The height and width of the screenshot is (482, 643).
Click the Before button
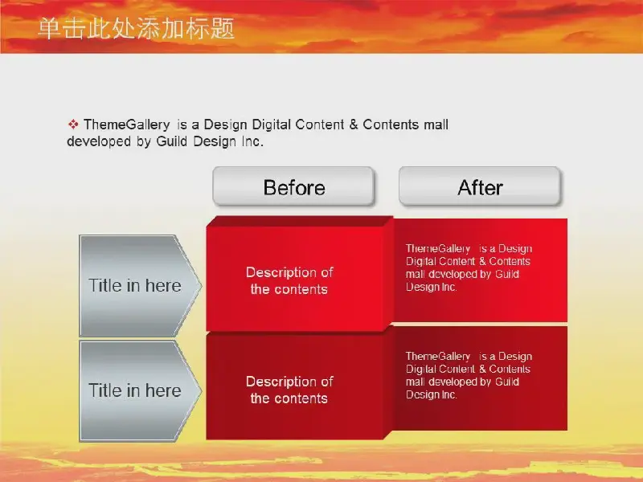coord(293,186)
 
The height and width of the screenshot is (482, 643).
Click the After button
coord(479,186)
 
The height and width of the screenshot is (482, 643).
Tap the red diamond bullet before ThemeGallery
coord(73,125)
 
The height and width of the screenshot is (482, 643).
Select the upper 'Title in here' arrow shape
coord(140,286)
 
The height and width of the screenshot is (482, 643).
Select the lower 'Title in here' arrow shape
coord(140,390)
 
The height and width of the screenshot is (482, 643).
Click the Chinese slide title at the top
coord(136,29)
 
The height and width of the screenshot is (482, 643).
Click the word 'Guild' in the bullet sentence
coord(173,141)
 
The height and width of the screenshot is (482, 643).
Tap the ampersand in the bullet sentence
coord(354,125)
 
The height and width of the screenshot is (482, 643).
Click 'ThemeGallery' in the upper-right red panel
coord(438,249)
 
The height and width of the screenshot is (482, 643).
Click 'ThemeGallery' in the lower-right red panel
coord(438,357)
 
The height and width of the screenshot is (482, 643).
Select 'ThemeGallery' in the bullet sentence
coord(127,125)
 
